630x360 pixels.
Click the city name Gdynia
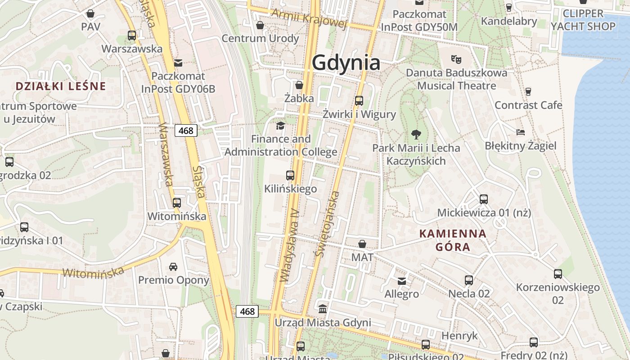[x=346, y=63]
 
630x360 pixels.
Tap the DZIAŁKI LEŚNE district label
[x=61, y=86]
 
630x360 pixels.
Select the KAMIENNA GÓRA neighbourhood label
[x=453, y=240]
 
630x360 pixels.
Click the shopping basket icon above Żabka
[x=299, y=85]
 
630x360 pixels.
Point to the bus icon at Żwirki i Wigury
[x=359, y=100]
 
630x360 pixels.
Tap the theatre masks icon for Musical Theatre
[x=456, y=59]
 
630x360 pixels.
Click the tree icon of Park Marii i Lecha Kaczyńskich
[x=416, y=134]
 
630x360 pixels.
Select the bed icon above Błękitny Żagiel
[x=521, y=132]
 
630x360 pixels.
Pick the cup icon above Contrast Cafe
[x=528, y=92]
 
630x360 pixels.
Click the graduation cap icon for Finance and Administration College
[x=281, y=126]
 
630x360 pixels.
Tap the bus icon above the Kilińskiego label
[x=290, y=175]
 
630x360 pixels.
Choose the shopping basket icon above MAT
[x=362, y=244]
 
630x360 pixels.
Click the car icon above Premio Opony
[x=173, y=267]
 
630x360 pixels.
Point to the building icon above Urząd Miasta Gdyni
[x=323, y=309]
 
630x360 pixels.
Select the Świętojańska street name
[x=327, y=224]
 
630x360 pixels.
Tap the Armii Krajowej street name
[x=309, y=18]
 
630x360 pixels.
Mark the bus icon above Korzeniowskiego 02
[x=558, y=274]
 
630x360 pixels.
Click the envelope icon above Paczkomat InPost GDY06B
[x=178, y=63]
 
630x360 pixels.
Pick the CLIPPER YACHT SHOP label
[x=583, y=20]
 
